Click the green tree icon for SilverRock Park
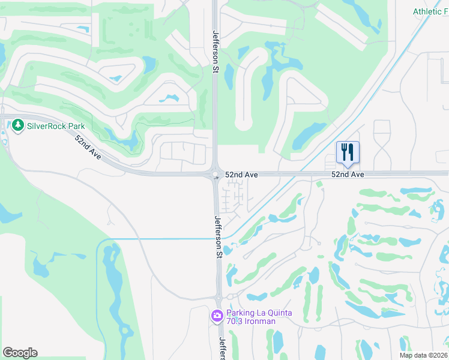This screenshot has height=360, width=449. click(x=17, y=126)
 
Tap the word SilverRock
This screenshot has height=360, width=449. click(x=48, y=127)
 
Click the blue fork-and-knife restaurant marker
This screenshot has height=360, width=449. click(x=348, y=152)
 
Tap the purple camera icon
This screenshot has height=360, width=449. click(x=217, y=316)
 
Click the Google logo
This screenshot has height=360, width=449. click(x=20, y=352)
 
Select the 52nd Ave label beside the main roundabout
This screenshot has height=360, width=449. click(x=241, y=175)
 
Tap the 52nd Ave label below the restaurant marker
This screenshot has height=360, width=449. click(x=348, y=175)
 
